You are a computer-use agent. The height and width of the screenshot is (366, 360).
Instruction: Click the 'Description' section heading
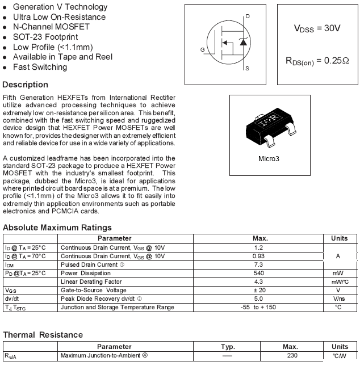[26, 85]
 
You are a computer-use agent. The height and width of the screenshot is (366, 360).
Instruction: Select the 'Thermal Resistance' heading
[43, 335]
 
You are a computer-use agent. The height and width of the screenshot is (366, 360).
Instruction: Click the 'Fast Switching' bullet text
[40, 67]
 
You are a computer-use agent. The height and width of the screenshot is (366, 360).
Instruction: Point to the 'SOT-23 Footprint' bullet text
[45, 37]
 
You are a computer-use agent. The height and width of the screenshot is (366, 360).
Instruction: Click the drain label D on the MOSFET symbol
[248, 16]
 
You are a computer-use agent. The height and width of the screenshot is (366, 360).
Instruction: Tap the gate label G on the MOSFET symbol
[203, 50]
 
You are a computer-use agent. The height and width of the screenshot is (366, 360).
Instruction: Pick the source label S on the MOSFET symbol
[247, 69]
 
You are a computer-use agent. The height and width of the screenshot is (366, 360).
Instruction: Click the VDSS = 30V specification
[317, 28]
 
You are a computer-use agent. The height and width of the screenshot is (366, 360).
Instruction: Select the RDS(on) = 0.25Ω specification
[317, 61]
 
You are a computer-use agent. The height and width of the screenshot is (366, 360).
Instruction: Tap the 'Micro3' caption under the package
[270, 159]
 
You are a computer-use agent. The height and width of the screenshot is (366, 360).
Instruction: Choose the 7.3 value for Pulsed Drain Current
[259, 265]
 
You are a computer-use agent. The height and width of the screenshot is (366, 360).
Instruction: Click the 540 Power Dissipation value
[259, 274]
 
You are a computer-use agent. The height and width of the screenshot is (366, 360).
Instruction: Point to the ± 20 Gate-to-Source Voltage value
[259, 291]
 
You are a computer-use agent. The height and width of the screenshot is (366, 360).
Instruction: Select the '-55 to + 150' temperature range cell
[259, 308]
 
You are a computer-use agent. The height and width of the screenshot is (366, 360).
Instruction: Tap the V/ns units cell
[340, 299]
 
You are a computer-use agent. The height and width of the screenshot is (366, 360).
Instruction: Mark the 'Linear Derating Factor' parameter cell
[91, 282]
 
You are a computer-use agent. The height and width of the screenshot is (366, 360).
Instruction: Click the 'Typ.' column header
[228, 347]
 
